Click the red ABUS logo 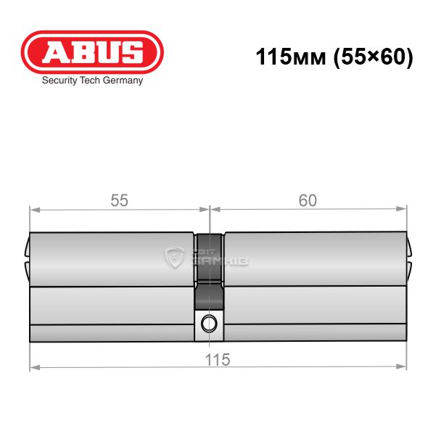pos(92,52)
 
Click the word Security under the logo pos(59,81)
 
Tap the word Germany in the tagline pos(123,81)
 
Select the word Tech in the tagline pos(89,81)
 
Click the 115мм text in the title pos(291,57)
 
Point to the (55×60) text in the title pos(374,57)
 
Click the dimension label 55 pos(119,200)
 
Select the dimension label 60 pos(308,200)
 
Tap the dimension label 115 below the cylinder pos(218,359)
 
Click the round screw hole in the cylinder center pos(209,324)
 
